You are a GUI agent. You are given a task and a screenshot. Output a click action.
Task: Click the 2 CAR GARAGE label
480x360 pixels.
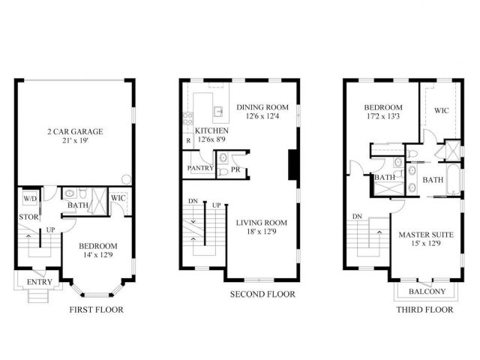pyautogui.click(x=73, y=131)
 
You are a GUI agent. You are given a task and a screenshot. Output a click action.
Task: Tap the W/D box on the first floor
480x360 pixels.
pyautogui.click(x=30, y=199)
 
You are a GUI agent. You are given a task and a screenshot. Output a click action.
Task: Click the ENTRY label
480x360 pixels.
pyautogui.click(x=39, y=281)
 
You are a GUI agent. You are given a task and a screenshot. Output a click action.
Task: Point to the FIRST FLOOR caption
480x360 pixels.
pyautogui.click(x=96, y=309)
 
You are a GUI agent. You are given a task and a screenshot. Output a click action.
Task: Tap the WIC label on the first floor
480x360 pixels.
pyautogui.click(x=118, y=198)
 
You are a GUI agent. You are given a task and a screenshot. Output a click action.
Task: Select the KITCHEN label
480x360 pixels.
pyautogui.click(x=211, y=130)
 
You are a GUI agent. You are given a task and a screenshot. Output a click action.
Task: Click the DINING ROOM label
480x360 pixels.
pyautogui.click(x=262, y=107)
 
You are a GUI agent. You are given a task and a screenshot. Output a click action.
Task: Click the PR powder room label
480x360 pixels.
pyautogui.click(x=235, y=169)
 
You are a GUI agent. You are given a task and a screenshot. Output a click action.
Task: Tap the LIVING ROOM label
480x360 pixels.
pyautogui.click(x=262, y=223)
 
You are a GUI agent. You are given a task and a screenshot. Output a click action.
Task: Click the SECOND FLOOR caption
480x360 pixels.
pyautogui.click(x=262, y=294)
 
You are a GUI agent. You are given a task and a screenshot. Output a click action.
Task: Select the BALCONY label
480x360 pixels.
pyautogui.click(x=427, y=292)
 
